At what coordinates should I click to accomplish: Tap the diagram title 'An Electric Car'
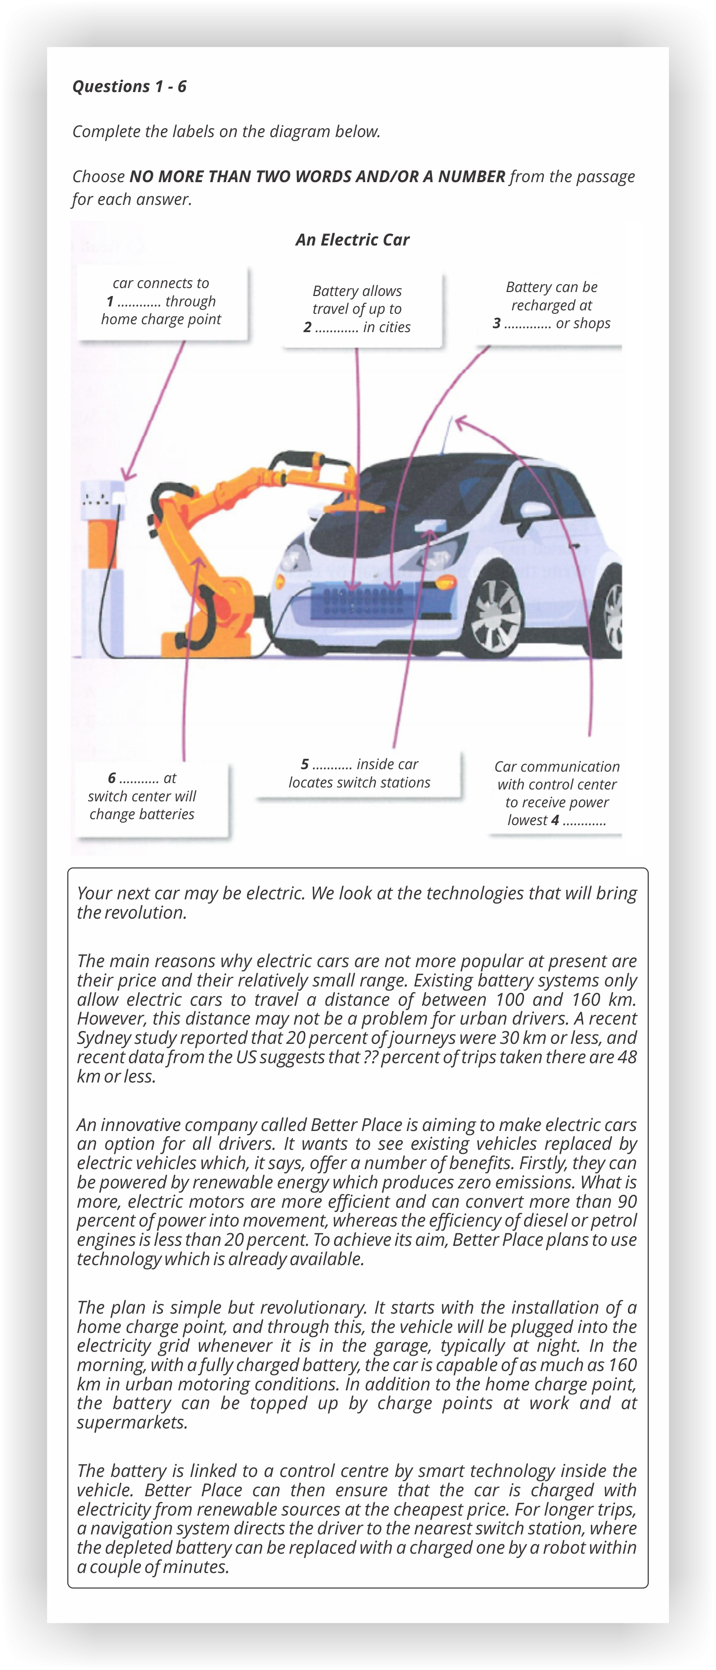click(352, 240)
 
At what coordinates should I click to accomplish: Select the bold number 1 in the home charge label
click(110, 301)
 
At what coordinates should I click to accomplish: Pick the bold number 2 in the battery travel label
click(307, 327)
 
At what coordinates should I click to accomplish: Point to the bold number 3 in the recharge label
click(496, 324)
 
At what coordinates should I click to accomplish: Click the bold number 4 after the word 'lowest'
click(555, 820)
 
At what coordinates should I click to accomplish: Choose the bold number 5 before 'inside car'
click(304, 764)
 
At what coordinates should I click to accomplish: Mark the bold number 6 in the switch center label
click(112, 778)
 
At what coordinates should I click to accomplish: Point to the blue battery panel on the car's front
click(360, 603)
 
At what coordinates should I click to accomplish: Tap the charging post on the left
click(102, 557)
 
